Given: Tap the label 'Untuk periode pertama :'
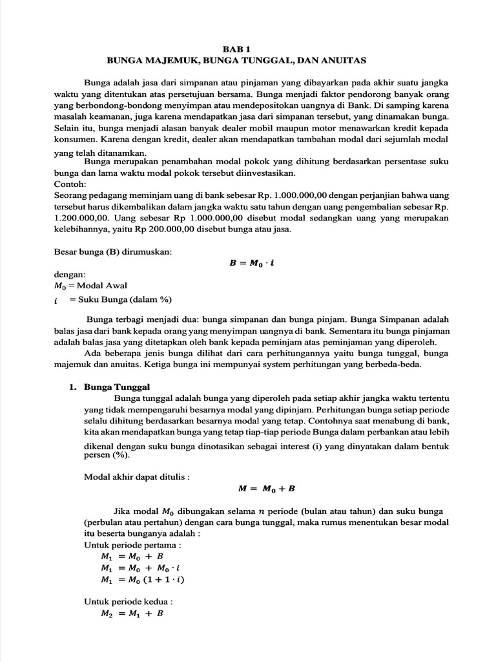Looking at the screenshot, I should pyautogui.click(x=122, y=545).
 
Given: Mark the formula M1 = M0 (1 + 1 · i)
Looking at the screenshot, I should pyautogui.click(x=143, y=579).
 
